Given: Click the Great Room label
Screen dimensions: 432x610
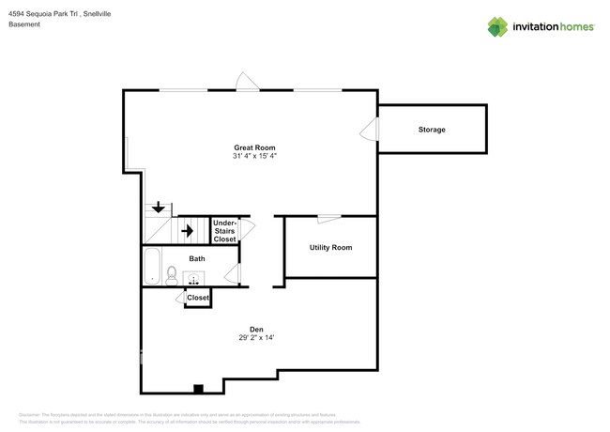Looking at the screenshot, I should pos(254,147).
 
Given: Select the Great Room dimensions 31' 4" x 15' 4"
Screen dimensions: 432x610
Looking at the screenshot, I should pos(254,156).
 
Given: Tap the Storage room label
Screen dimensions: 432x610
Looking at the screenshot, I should pos(432,129).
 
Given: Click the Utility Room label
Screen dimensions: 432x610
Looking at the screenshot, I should pos(330,247).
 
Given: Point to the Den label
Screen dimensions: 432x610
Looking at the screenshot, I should pos(255,329).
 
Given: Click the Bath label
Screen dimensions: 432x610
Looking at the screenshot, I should pos(197,258).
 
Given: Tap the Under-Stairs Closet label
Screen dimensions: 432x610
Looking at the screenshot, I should pos(225,231).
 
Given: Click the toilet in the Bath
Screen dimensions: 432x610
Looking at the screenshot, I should pos(172,274).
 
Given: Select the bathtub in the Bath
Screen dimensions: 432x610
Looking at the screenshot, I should pos(152,266).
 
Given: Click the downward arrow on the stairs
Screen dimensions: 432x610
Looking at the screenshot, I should pos(159,207).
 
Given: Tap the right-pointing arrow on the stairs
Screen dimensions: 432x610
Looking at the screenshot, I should pos(186,229).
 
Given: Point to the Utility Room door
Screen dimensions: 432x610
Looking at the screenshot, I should pos(328,219).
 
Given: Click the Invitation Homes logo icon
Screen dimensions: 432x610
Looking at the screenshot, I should pos(497,25).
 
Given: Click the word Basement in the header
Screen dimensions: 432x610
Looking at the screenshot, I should pos(23,24).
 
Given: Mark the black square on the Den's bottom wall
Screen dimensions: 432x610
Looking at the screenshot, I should pos(198,388).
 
